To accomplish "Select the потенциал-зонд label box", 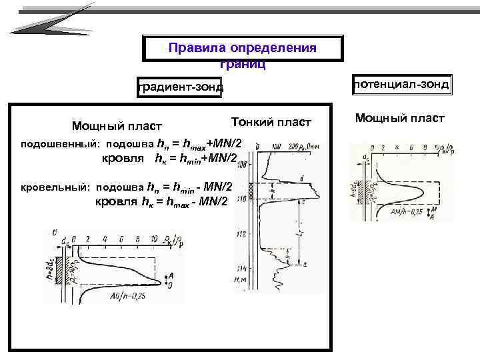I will (402, 84).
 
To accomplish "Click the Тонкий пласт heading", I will (271, 122).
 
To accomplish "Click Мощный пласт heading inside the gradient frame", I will (117, 126).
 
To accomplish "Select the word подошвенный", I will (61, 144).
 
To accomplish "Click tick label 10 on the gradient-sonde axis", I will (154, 237).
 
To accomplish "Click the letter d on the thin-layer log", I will (302, 178).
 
